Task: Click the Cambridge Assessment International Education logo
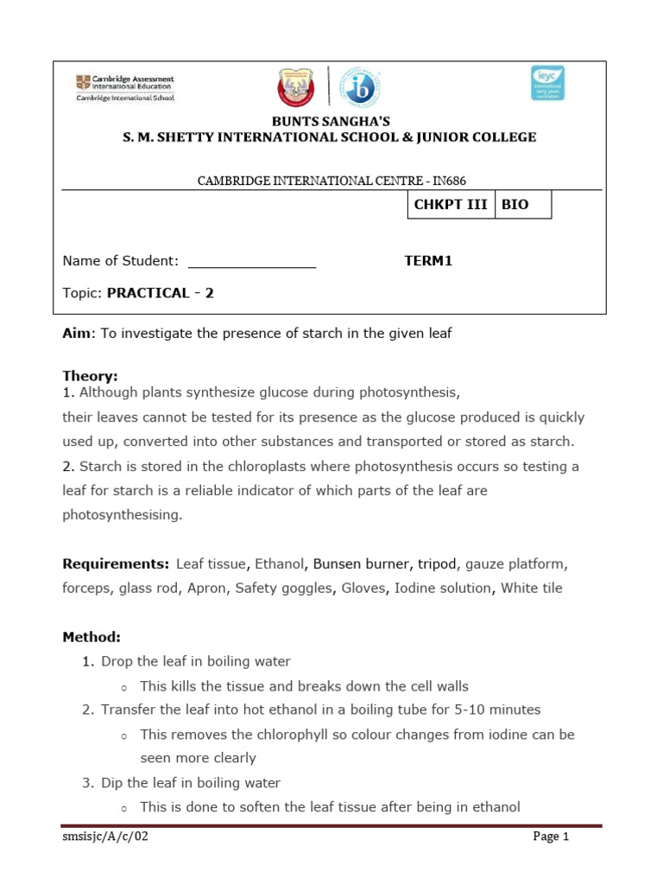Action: [124, 87]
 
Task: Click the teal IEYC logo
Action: [546, 83]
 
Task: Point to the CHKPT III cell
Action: [450, 205]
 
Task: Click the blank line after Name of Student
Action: [252, 262]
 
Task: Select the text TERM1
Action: [428, 261]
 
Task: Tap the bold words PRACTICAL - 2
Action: [160, 293]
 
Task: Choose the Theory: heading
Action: [90, 376]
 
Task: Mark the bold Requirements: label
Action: [116, 564]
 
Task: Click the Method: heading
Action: [92, 638]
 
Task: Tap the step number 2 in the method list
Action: [87, 710]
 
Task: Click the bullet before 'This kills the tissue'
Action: [124, 687]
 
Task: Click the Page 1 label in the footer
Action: [551, 837]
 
